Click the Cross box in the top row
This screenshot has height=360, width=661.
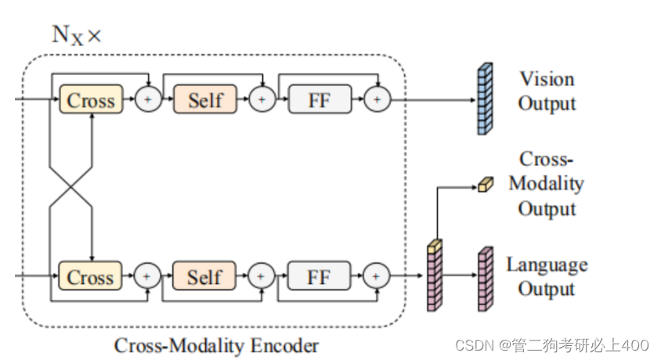91,100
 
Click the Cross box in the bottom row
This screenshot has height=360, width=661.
91,276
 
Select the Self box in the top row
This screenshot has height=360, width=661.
205,100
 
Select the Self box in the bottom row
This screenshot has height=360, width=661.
205,276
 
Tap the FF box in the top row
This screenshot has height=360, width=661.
320,100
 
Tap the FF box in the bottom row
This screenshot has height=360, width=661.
320,276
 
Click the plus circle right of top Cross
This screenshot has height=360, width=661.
148,100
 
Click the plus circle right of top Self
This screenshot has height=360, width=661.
262,100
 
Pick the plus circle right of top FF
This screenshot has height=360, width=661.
377,100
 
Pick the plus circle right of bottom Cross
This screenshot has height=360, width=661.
148,276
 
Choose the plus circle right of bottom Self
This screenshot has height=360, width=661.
262,276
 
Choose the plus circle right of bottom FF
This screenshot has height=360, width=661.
377,276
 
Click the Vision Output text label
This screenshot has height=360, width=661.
547,92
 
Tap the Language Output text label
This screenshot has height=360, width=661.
547,276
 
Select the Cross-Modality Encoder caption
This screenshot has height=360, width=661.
217,345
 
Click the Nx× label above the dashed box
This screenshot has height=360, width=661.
76,35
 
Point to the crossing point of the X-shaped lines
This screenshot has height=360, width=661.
71,188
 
